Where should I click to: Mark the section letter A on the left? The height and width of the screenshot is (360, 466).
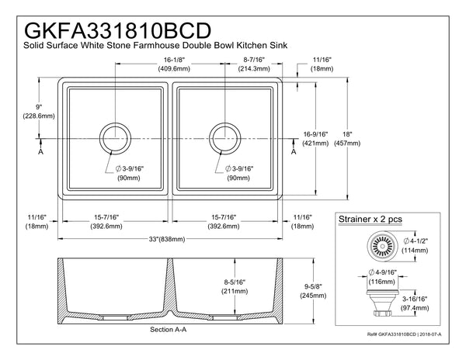(40, 152)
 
